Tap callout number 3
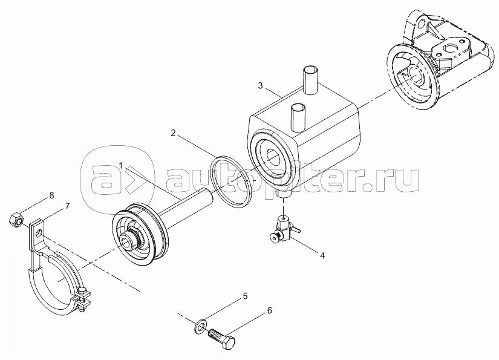(261, 85)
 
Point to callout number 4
(322, 255)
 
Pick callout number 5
(245, 296)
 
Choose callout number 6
(269, 310)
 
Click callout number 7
(67, 206)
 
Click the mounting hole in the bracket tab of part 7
(38, 232)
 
